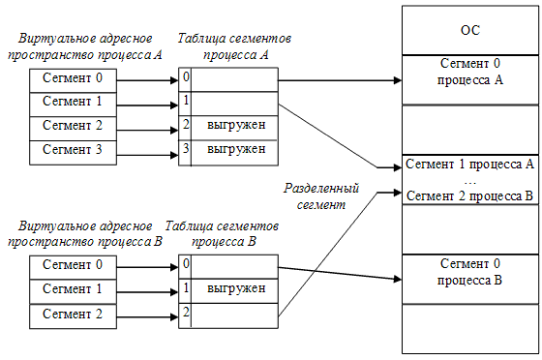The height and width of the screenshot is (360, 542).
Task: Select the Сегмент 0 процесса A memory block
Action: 468,74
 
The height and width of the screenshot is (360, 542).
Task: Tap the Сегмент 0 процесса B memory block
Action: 468,274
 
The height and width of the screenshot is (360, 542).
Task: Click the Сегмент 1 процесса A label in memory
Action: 469,163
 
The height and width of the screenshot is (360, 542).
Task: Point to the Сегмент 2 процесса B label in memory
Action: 469,195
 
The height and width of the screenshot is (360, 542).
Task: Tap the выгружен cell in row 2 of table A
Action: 235,126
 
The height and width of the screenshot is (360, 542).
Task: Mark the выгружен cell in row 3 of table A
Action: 235,150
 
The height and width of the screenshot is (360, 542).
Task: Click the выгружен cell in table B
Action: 235,288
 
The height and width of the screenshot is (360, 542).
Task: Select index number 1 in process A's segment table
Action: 185,101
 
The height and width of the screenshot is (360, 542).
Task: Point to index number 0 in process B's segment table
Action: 185,263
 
